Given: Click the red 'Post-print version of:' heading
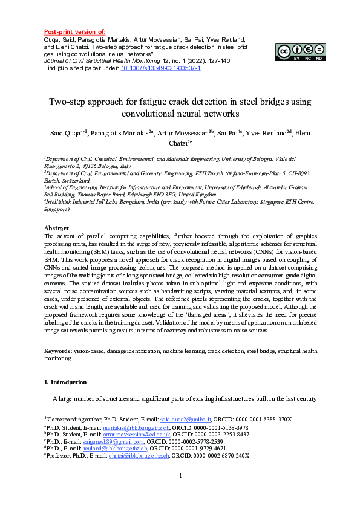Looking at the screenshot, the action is (x=75, y=31).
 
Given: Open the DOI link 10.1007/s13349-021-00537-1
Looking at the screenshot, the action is (x=161, y=69).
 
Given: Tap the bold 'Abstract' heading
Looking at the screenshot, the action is (x=58, y=229).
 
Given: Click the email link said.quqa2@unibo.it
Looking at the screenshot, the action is (x=186, y=419).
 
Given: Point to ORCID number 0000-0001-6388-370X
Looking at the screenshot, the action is (x=266, y=419).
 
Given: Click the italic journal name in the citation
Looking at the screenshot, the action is (x=97, y=61).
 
